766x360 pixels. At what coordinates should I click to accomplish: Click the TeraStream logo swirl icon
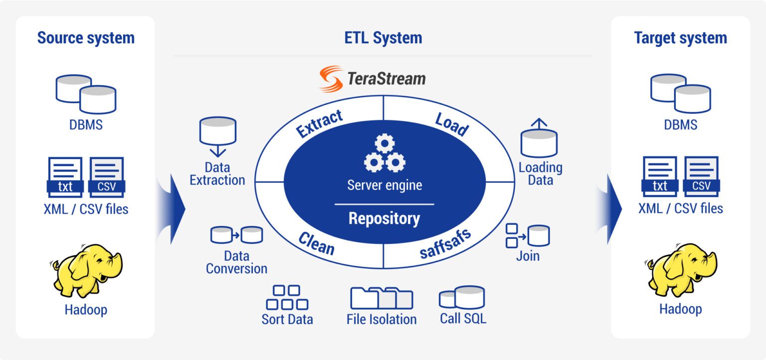click(331, 79)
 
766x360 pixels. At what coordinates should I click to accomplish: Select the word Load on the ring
click(452, 124)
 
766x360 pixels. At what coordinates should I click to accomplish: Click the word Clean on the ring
click(316, 243)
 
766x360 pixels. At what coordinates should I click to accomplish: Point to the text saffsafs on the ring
click(445, 243)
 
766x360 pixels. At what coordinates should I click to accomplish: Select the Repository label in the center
click(384, 218)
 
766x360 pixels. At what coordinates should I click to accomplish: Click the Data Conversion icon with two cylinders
click(236, 234)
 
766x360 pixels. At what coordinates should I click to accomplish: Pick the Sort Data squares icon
click(287, 297)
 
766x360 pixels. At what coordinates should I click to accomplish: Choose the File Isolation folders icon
click(382, 298)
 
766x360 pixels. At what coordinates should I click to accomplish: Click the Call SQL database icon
click(462, 298)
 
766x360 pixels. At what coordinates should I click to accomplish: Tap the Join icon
click(528, 236)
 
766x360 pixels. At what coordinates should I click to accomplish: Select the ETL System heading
click(383, 38)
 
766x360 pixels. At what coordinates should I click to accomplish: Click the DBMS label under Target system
click(680, 125)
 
